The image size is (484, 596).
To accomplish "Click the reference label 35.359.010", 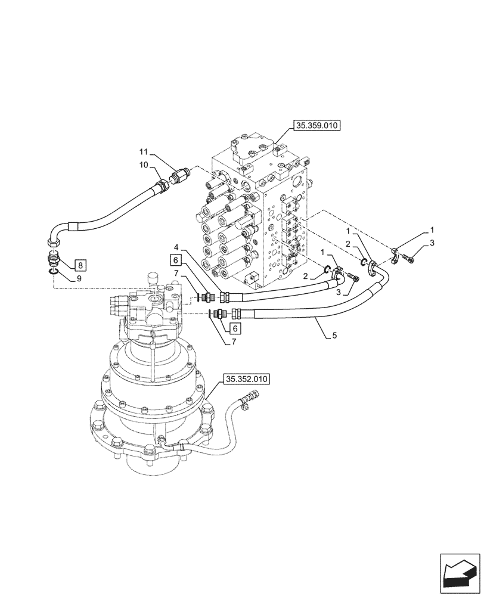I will [315, 126].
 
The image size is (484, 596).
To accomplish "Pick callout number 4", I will [176, 247].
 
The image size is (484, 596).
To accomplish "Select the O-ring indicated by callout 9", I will [54, 272].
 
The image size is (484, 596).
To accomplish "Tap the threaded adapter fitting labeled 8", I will [54, 260].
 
